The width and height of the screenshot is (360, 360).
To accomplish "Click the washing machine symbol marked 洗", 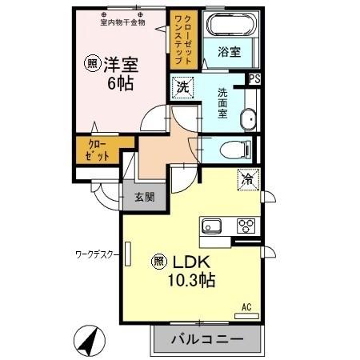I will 183,86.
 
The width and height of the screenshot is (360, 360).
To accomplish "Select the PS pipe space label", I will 255,79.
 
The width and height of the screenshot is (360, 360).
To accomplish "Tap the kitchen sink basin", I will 212,226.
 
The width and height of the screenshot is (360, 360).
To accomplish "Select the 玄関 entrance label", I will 145,197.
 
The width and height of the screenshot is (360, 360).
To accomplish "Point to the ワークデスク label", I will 97,254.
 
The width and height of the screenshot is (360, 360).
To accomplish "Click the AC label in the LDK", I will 246,305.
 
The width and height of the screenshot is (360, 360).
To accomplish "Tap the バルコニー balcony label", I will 207,339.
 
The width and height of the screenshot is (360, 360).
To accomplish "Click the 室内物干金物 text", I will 122,22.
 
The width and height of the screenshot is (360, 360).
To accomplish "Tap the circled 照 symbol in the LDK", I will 158,261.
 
